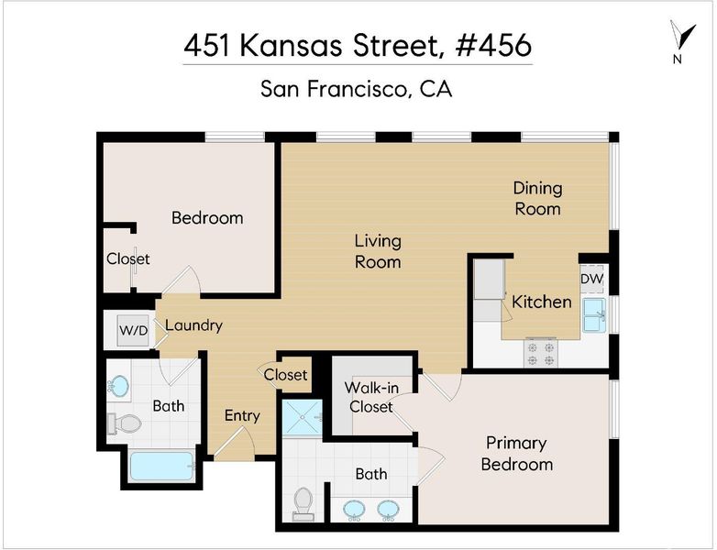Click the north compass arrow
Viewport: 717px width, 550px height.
[683, 36]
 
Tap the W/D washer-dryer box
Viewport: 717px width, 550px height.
[133, 330]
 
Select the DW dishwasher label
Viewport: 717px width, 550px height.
[591, 279]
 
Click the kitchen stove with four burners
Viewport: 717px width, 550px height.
[541, 353]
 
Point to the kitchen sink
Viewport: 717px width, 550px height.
[594, 315]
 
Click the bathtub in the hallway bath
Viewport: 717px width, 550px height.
[162, 466]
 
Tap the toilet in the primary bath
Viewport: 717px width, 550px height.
[303, 504]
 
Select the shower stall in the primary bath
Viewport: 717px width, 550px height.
[303, 418]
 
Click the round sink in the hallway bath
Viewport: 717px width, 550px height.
[118, 386]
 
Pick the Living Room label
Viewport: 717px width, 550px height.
[378, 251]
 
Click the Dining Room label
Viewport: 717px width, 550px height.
[537, 198]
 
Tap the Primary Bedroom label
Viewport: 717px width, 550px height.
[517, 454]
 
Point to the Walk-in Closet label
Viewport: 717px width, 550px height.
[371, 397]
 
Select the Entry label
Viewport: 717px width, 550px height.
[242, 415]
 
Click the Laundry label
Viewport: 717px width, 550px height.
[193, 325]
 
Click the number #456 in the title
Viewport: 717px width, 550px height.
[493, 45]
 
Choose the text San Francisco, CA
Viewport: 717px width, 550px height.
[357, 89]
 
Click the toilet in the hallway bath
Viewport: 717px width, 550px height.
[125, 423]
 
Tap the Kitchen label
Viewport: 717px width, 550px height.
[541, 302]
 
